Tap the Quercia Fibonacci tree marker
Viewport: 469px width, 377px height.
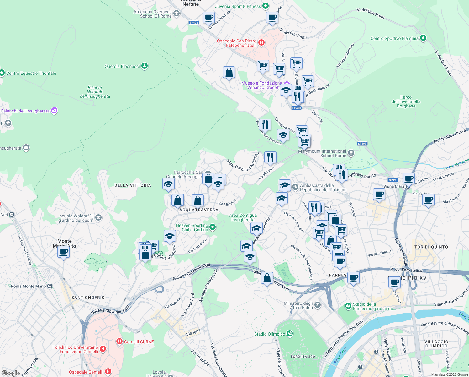coord(144,66)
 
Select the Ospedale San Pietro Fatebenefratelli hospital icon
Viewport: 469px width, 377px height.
coord(261,42)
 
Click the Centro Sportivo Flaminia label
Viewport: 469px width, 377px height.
coord(394,38)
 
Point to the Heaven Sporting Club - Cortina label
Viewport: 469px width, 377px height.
coord(192,227)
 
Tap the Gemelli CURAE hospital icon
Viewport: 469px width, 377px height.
coord(119,341)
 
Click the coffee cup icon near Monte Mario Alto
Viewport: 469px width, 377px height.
coord(64,252)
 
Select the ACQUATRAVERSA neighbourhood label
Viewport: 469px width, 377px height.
coord(199,210)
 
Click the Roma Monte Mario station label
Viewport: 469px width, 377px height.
coord(28,286)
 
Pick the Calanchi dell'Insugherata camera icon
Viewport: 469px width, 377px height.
coord(54,111)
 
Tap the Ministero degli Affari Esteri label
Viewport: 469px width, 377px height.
coord(298,305)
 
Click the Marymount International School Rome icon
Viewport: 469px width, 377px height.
coord(351,153)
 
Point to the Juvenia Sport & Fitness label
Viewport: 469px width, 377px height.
coord(238,6)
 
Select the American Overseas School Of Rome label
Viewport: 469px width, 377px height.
coord(152,14)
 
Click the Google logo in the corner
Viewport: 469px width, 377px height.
coord(11,373)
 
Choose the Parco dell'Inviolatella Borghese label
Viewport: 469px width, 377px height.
coord(406,101)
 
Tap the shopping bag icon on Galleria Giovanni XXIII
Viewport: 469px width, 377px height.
coord(267,278)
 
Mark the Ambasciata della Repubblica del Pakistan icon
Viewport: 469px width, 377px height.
coord(295,187)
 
